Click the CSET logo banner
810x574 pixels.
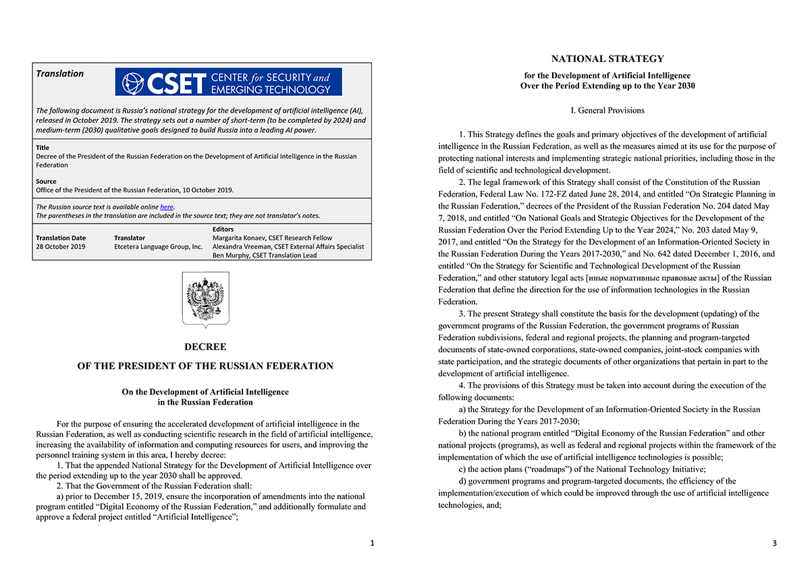(228, 82)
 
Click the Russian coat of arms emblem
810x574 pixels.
(205, 301)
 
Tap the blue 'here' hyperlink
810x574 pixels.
(167, 207)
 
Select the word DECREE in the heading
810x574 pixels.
(205, 347)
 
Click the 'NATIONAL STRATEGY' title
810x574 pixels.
(607, 59)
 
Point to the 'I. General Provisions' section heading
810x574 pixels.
(607, 110)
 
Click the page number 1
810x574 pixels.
(371, 542)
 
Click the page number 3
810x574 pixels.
(774, 542)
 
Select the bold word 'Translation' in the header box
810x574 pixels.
(60, 74)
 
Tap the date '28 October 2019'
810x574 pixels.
(61, 246)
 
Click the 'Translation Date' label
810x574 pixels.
(61, 238)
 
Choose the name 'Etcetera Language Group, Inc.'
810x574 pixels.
(159, 246)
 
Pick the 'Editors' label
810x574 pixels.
(223, 230)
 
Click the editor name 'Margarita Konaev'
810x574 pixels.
(243, 238)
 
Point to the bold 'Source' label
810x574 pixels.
(46, 182)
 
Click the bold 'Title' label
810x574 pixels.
(43, 148)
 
